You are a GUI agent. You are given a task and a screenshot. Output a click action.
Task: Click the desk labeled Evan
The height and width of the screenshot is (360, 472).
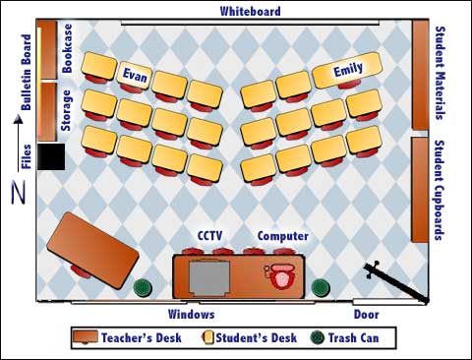coord(134,74)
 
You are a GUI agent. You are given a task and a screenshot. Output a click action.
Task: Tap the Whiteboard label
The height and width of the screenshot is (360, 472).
coord(251,12)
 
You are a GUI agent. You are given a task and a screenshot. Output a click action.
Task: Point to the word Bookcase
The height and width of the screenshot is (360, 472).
coord(67,48)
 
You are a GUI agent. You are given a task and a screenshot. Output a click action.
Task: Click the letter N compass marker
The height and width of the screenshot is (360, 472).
coord(18,194)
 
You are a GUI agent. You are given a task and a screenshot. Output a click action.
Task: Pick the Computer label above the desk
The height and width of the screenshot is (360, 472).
coord(283,236)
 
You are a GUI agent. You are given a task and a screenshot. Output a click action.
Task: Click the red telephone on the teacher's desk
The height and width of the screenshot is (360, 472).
coord(284,275)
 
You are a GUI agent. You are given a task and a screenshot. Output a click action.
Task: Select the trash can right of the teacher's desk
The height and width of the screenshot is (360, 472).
coord(320,288)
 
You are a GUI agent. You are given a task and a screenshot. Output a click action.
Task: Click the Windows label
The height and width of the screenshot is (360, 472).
coord(192,315)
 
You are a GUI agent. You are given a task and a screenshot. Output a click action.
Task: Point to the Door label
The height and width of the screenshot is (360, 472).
coord(366,315)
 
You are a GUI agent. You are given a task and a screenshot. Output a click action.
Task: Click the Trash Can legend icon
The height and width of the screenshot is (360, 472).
coord(316,337)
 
